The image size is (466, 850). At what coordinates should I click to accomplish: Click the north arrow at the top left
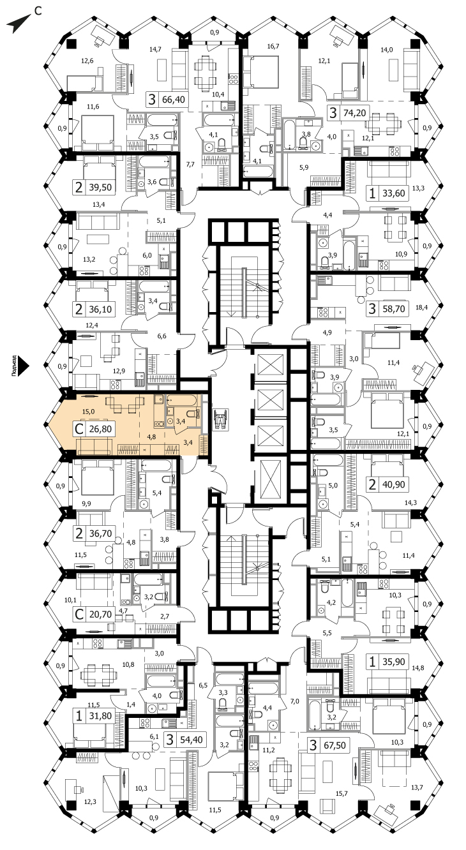[19, 23]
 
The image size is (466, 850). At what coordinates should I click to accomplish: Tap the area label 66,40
[174, 100]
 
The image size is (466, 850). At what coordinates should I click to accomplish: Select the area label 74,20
[354, 113]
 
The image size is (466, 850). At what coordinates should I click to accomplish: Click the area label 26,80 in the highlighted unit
[100, 429]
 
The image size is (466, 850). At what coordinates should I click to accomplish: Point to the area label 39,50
[100, 187]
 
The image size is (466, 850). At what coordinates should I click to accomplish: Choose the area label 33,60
[393, 193]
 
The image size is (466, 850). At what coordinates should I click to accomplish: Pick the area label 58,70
[393, 308]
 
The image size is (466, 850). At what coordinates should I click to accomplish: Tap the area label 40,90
[393, 484]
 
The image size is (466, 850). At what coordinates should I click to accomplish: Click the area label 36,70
[100, 533]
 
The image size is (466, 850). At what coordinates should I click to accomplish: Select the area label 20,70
[100, 614]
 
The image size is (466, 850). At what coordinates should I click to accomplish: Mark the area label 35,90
[393, 661]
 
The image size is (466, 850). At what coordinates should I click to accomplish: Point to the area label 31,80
[100, 715]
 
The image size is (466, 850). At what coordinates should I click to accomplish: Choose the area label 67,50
[334, 745]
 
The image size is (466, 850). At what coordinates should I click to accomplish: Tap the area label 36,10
[100, 309]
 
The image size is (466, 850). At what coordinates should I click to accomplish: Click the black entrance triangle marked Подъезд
[24, 366]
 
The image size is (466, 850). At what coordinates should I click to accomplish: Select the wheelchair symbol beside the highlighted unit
[220, 419]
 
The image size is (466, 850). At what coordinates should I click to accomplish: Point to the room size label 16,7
[273, 47]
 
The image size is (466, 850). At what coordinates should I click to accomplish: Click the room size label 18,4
[421, 307]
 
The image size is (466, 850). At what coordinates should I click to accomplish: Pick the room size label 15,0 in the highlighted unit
[88, 412]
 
